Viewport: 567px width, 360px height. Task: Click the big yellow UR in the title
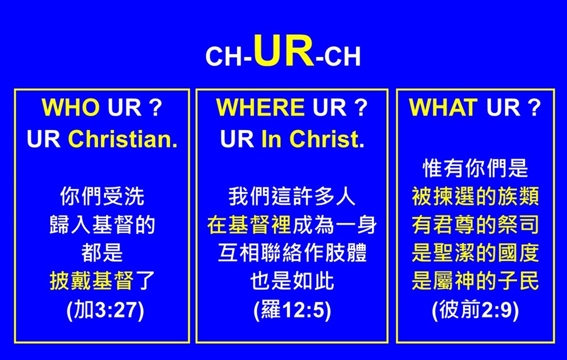284,50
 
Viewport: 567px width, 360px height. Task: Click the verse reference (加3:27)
105,311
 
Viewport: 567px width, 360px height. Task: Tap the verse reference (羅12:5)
292,311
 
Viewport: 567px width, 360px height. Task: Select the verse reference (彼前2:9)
475,311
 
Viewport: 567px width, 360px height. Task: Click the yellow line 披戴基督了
102,281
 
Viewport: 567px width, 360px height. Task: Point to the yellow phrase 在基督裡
249,225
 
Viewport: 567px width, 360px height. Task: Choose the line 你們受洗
102,197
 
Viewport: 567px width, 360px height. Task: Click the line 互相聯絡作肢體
292,253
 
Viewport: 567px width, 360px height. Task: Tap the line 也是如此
292,281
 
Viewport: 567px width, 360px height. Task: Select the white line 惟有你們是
475,168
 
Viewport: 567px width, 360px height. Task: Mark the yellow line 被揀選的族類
475,197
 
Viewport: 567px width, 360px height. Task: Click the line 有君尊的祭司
475,225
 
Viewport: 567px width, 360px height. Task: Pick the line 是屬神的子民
475,281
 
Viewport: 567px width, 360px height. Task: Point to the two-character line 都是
102,253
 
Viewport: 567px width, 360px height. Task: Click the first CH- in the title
229,56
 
